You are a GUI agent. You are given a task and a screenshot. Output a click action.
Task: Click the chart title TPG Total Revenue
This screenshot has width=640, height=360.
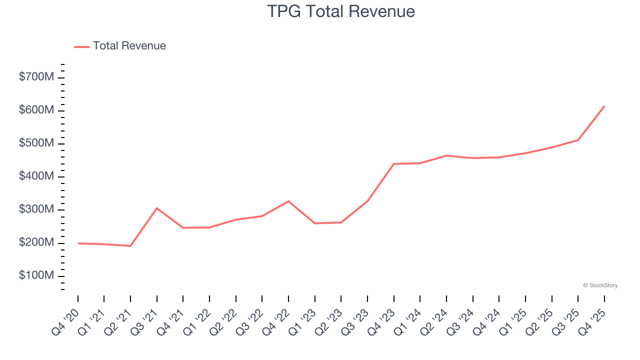pyautogui.click(x=341, y=11)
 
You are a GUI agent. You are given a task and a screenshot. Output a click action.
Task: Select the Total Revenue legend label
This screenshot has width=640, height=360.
pyautogui.click(x=129, y=46)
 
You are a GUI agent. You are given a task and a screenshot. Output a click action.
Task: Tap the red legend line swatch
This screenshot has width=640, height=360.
pyautogui.click(x=81, y=46)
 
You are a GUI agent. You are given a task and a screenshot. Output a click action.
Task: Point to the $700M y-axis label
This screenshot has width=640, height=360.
pyautogui.click(x=36, y=77)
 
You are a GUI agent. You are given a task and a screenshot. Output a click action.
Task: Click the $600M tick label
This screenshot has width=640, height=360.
pyautogui.click(x=36, y=110)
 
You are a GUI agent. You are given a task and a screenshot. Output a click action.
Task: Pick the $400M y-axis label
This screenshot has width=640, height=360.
pyautogui.click(x=36, y=176)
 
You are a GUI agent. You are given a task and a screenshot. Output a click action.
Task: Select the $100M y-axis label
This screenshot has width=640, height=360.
pyautogui.click(x=36, y=276)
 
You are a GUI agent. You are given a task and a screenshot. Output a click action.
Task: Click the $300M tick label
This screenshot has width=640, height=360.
pyautogui.click(x=36, y=209)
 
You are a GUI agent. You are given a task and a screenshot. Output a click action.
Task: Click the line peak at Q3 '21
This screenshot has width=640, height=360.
pyautogui.click(x=157, y=208)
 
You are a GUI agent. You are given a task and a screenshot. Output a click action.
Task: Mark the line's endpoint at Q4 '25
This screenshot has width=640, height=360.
pyautogui.click(x=604, y=106)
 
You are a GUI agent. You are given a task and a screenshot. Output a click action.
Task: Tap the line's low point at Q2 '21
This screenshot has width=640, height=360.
pyautogui.click(x=130, y=246)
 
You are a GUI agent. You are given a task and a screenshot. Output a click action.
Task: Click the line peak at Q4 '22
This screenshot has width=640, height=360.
pyautogui.click(x=288, y=201)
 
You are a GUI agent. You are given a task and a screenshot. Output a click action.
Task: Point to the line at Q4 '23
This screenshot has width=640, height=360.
pyautogui.click(x=394, y=164)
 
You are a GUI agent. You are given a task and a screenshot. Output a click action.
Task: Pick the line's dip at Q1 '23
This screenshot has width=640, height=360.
pyautogui.click(x=315, y=223)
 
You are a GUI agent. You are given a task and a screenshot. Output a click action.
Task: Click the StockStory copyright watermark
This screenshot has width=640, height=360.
pyautogui.click(x=600, y=285)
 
